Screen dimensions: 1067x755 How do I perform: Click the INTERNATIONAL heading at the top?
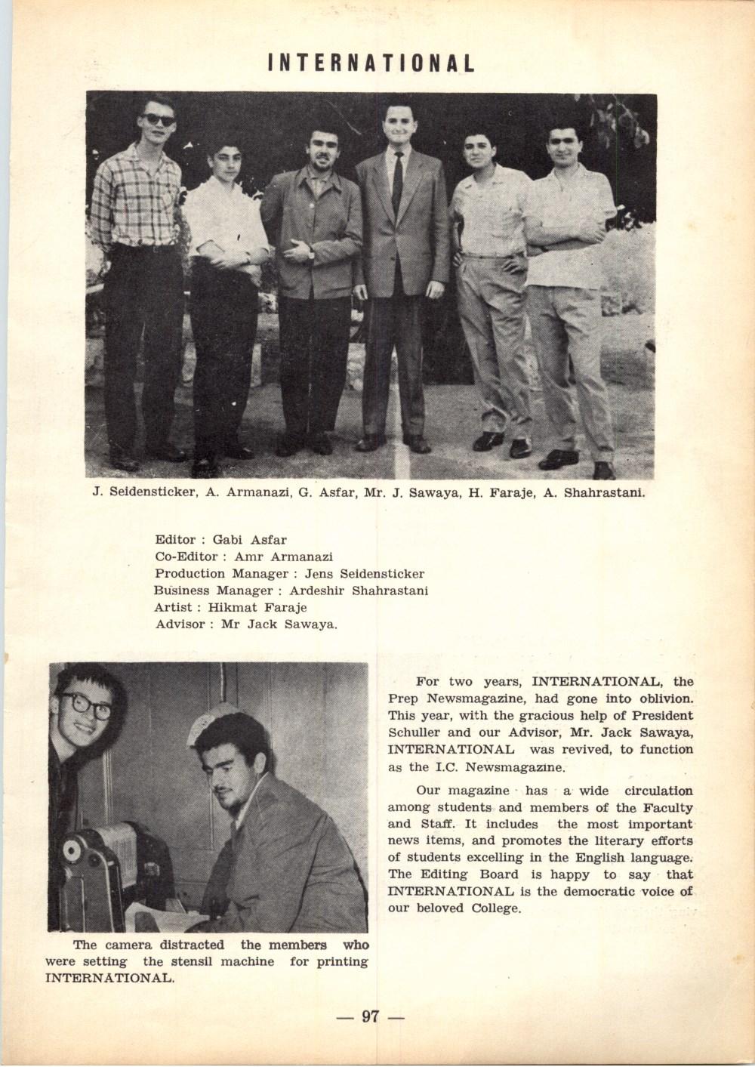click(x=371, y=63)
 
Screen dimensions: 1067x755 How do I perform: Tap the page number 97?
click(x=370, y=1016)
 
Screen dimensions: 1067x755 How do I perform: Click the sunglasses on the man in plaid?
click(x=159, y=119)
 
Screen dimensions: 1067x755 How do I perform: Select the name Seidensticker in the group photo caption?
click(x=146, y=494)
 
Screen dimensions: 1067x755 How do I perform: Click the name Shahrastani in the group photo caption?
click(x=604, y=494)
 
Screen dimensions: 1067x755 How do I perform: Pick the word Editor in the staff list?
click(x=174, y=541)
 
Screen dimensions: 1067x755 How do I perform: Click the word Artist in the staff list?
click(x=173, y=608)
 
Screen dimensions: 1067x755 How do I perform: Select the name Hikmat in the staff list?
click(x=232, y=608)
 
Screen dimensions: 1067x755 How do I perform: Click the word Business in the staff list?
click(x=181, y=591)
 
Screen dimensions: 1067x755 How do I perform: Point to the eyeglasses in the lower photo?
click(x=86, y=705)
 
